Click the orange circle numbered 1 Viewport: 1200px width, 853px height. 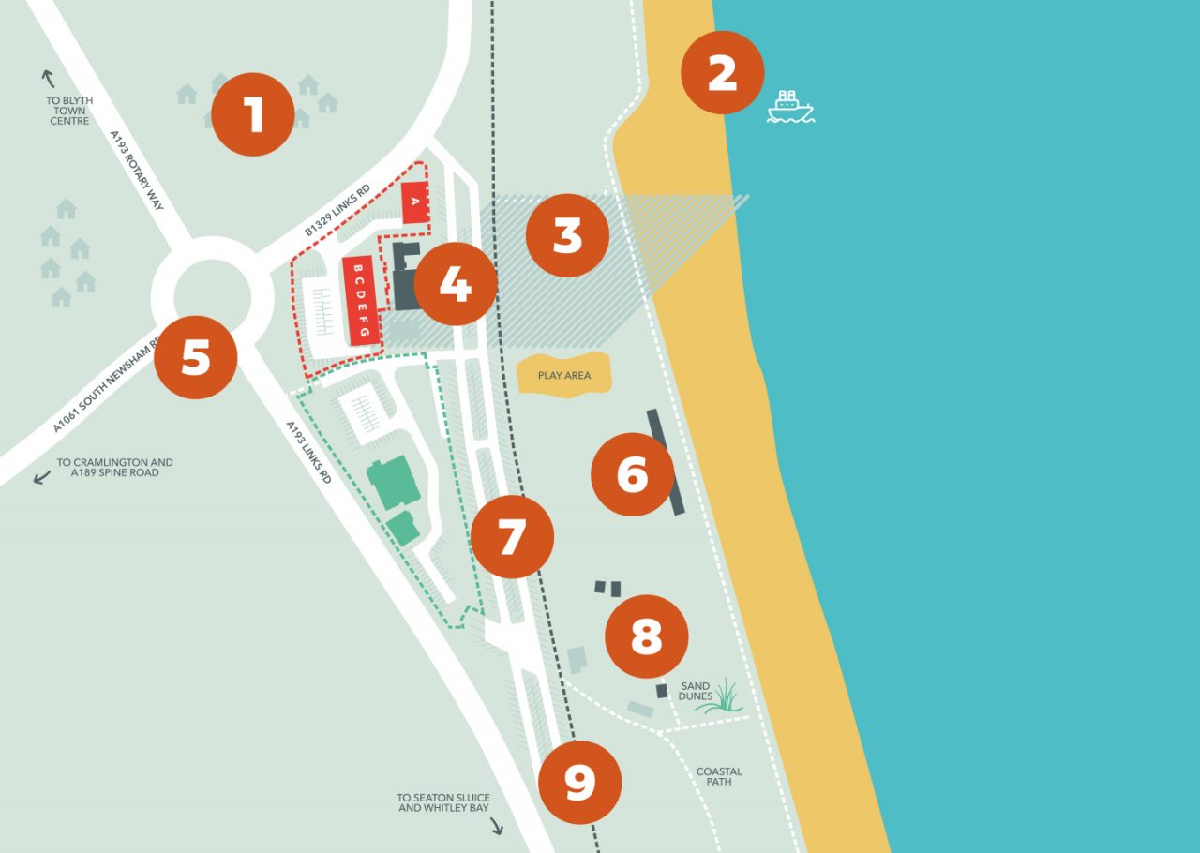click(253, 114)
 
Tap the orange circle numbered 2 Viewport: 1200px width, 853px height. click(722, 73)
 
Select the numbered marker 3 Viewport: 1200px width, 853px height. click(567, 235)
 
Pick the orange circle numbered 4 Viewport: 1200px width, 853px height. click(455, 283)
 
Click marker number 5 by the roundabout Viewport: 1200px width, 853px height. click(195, 357)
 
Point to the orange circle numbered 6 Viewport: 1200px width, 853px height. click(633, 474)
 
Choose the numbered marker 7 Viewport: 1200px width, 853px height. click(512, 537)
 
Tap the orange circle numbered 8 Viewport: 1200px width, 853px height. click(646, 636)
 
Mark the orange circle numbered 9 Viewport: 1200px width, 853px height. click(580, 782)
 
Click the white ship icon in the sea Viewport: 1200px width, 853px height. click(790, 107)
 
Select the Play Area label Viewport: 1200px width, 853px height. click(564, 375)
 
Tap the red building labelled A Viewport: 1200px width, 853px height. click(414, 202)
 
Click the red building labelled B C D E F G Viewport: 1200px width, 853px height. click(362, 301)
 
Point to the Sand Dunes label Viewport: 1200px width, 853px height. click(696, 691)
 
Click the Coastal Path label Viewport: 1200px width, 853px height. click(719, 776)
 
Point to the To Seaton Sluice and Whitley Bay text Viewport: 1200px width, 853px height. click(443, 802)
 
